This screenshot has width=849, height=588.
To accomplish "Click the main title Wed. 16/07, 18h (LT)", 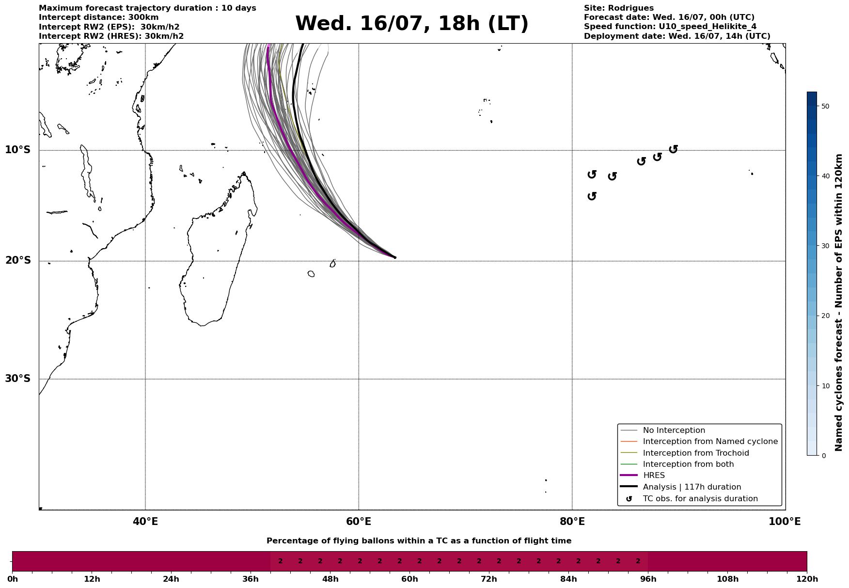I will [411, 24].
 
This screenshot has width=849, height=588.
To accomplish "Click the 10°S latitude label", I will [18, 150].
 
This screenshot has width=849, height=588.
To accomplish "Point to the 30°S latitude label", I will [18, 379].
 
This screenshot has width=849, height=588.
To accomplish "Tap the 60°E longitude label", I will [359, 522].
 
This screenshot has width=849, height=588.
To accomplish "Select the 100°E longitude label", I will [785, 522].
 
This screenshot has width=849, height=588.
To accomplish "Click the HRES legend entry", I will [654, 476].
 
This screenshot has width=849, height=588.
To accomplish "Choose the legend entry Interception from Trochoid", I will [695, 453].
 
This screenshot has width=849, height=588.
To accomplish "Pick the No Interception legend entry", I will [674, 430].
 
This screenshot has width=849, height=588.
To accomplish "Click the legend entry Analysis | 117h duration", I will [692, 487].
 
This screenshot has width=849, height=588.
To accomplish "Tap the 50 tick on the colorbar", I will [825, 106].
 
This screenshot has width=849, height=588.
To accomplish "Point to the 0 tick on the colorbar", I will [824, 456].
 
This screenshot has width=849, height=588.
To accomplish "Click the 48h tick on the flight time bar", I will [330, 579].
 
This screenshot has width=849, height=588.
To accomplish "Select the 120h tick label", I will [807, 579].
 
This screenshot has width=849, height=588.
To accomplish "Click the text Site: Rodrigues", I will [618, 8].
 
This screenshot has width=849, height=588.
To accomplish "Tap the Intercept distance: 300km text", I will [98, 17].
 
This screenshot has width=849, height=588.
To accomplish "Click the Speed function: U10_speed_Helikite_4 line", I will [670, 27].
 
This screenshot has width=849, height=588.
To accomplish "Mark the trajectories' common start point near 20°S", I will [395, 257].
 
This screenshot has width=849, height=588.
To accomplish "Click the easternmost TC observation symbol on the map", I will [673, 149].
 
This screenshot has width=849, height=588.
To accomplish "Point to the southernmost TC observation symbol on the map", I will [592, 196].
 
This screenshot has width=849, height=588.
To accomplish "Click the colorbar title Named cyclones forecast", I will [839, 302].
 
